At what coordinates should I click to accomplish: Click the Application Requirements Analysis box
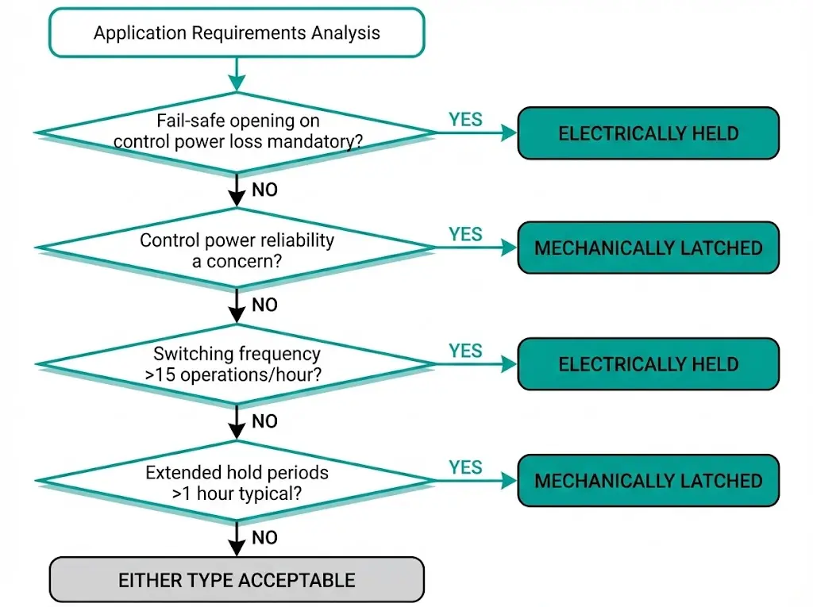[237, 33]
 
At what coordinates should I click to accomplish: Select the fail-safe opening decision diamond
[237, 133]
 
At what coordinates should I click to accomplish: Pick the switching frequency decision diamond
[237, 365]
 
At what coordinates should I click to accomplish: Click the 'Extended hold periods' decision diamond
[237, 482]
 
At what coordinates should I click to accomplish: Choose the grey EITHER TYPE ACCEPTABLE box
[237, 580]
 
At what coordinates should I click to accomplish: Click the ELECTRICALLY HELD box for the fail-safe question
[648, 133]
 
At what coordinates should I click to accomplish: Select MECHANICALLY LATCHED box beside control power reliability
[648, 248]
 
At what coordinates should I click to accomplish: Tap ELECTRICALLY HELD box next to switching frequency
[648, 365]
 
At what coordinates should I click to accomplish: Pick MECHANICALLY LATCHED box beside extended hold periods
[648, 481]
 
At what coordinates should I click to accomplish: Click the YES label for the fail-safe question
[465, 119]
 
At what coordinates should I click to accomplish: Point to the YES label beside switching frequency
[465, 351]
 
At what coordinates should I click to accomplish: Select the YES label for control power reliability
[465, 234]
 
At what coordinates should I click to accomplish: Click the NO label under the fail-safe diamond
[264, 190]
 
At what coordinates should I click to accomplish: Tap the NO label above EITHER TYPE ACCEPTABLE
[264, 538]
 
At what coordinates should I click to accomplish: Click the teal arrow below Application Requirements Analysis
[237, 76]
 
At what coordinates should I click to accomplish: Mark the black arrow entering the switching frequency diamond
[237, 307]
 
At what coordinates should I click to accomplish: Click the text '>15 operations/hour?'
[233, 375]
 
